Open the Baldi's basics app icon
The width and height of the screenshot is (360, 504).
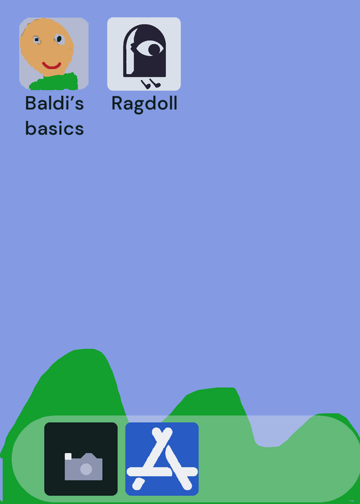tap(54, 54)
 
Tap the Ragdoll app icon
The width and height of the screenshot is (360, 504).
tap(144, 54)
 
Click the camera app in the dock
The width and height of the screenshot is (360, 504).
tap(81, 459)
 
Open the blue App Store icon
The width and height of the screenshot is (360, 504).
tap(162, 459)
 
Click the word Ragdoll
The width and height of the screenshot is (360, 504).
tap(144, 104)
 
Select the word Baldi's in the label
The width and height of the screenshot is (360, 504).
tap(54, 103)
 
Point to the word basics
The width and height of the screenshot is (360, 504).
tap(54, 128)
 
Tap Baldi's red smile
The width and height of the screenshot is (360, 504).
tap(52, 66)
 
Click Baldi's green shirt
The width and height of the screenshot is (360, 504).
tap(54, 82)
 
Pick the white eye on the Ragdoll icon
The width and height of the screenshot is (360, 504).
tap(149, 49)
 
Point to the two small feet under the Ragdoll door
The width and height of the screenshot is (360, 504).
tap(151, 84)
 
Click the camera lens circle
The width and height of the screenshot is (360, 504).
tap(86, 469)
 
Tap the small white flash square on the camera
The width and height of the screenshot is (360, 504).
tap(68, 456)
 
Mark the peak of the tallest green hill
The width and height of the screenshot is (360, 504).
tap(85, 349)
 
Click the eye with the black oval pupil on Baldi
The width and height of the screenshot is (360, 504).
tap(59, 39)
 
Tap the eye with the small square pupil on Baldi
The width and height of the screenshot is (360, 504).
tap(37, 40)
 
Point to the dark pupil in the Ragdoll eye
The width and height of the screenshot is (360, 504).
tap(154, 49)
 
